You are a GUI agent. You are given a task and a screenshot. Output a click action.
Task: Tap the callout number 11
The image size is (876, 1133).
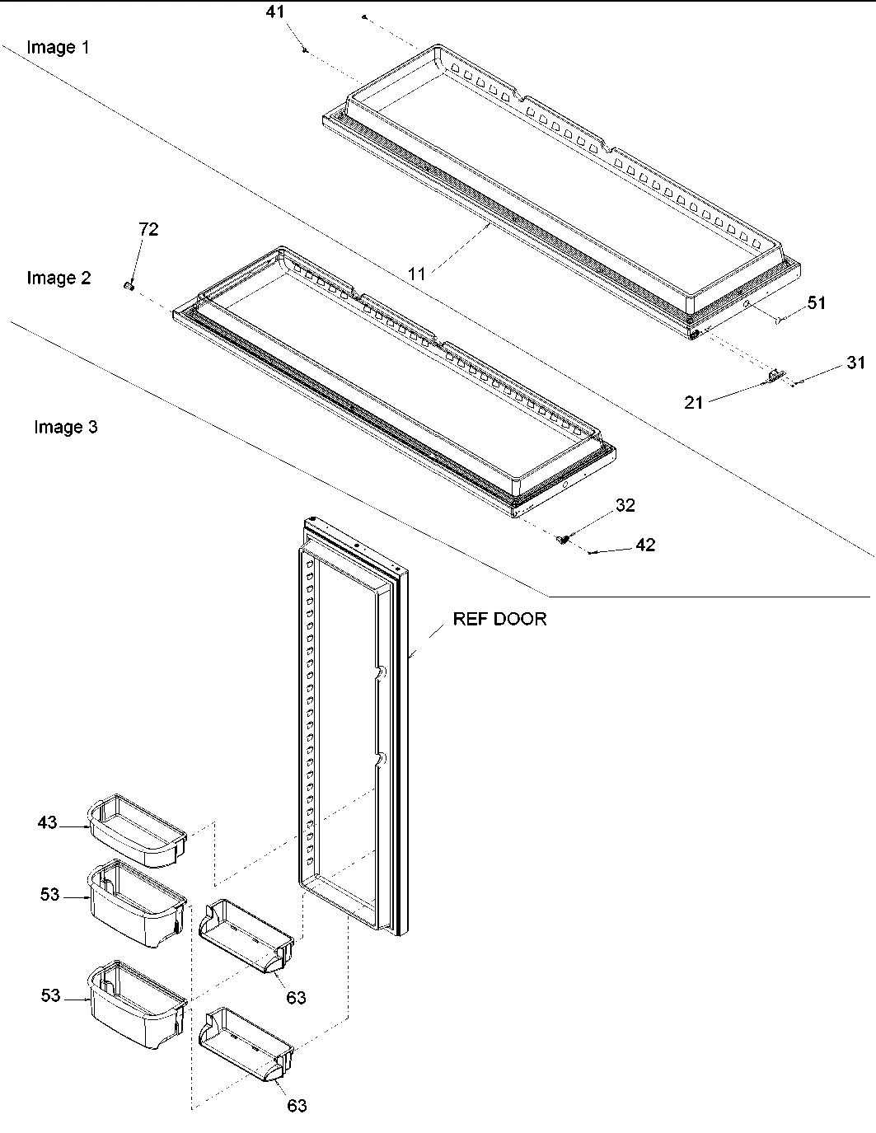pos(417,274)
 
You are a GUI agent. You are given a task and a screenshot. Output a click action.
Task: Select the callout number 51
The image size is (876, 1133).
pos(816,302)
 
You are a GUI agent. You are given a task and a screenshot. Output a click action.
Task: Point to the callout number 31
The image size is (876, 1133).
pos(856,362)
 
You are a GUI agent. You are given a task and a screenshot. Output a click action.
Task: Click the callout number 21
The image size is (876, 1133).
pos(694,402)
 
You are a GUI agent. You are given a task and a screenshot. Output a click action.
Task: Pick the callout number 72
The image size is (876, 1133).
pos(148,229)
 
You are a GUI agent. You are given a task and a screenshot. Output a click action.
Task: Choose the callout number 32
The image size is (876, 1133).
pos(625,505)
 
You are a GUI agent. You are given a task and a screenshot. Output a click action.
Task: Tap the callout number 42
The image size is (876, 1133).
pos(645,545)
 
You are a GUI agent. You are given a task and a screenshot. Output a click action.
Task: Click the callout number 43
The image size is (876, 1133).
pos(48,822)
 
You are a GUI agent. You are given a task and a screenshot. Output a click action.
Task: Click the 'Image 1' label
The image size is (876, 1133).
pos(58,47)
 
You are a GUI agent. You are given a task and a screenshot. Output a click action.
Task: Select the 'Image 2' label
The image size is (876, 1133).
pos(58,278)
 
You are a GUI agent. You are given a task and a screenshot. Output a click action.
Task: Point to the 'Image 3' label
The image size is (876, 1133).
pos(65,427)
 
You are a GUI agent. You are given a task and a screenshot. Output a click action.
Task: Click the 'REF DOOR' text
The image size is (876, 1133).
pos(499,619)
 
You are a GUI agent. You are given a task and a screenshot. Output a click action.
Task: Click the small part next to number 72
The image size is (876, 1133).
pos(129,285)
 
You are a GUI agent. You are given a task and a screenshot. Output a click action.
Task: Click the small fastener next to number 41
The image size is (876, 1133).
pos(306,50)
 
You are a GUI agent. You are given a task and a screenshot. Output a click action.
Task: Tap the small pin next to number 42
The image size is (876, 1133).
pos(593,553)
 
